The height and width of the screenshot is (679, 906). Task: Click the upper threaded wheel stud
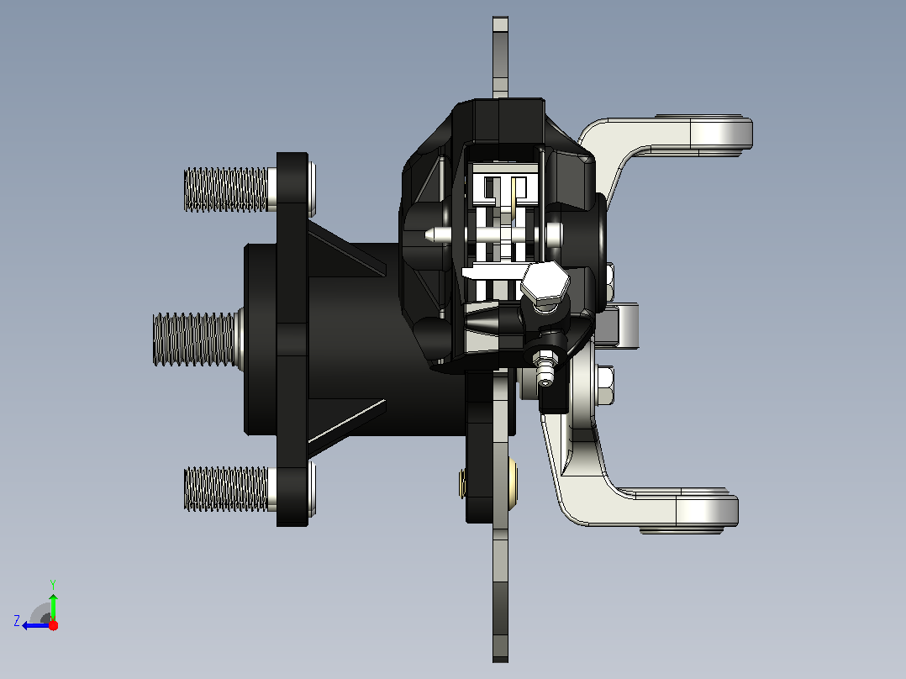tap(227, 190)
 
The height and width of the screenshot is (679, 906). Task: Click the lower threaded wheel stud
tap(227, 489)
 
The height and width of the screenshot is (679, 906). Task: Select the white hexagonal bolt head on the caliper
tap(545, 282)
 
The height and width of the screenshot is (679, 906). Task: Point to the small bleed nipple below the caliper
tap(545, 369)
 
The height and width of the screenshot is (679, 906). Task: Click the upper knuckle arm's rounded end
tap(721, 132)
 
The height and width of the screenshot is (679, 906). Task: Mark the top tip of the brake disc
tap(500, 18)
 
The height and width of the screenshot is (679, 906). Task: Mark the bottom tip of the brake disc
tap(500, 660)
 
